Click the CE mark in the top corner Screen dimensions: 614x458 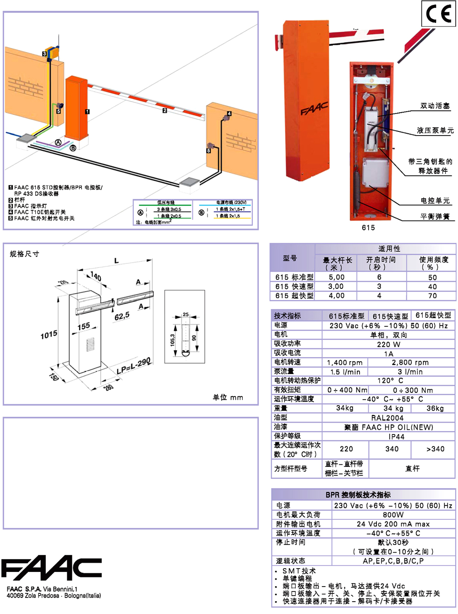click(438, 14)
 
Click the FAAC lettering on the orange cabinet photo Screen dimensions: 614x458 click(314, 109)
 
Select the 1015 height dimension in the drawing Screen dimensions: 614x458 click(49, 335)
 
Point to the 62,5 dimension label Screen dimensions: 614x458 click(122, 316)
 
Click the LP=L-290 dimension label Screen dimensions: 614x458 click(133, 366)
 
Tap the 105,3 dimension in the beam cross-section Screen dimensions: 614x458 click(173, 339)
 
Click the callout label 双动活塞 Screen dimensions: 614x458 click(435, 106)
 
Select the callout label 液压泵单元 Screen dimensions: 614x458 click(435, 130)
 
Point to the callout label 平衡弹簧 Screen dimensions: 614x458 click(435, 216)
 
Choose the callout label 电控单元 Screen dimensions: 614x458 click(435, 201)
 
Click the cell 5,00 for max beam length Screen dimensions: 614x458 click(337, 277)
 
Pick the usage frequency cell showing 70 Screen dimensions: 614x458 click(432, 296)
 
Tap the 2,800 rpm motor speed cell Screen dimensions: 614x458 click(410, 362)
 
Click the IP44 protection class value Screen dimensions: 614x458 click(397, 436)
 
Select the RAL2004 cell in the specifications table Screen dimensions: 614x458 click(387, 418)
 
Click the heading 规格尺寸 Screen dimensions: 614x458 click(25, 254)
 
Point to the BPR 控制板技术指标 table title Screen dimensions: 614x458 click(358, 495)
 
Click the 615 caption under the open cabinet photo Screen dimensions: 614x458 click(368, 228)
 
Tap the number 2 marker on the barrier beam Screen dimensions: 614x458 click(165, 110)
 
